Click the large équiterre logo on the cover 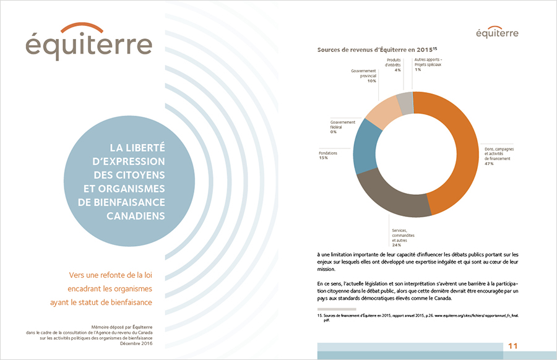(x=89, y=41)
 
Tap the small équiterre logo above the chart (x=498, y=31)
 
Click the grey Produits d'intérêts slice (x=405, y=103)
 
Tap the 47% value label (x=489, y=164)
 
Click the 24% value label (x=395, y=245)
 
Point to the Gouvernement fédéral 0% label (x=333, y=132)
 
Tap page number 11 (x=512, y=345)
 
